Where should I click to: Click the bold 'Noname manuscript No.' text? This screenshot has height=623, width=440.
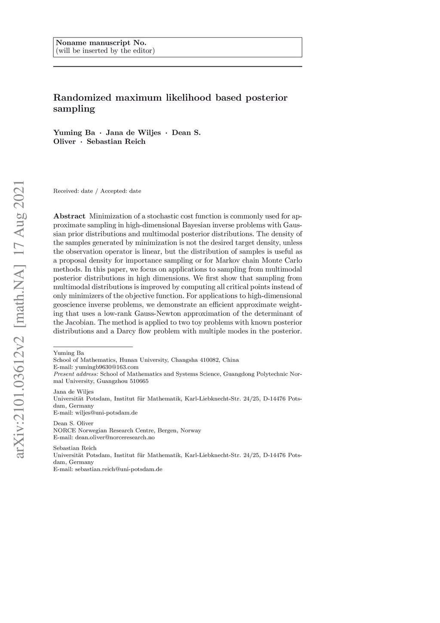pos(101,43)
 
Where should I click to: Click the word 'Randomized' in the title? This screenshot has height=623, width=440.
pos(82,98)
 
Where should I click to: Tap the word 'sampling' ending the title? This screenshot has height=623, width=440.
pos(74,109)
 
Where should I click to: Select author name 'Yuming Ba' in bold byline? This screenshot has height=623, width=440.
pos(74,133)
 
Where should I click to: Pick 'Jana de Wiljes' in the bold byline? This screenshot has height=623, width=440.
pos(133,133)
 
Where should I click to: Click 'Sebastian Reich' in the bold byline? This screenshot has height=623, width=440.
pos(116,142)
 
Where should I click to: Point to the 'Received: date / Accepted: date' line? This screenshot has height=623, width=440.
pos(97,191)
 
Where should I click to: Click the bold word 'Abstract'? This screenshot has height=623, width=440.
pos(69,216)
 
